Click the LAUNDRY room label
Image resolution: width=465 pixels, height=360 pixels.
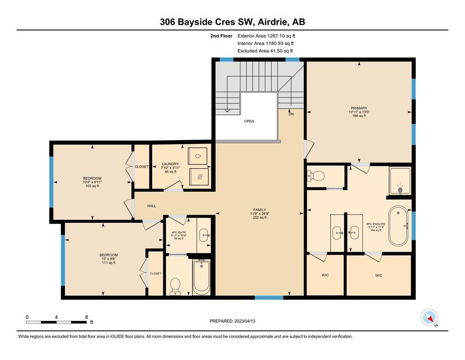(x=170, y=164)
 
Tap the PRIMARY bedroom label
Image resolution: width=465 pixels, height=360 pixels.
(x=359, y=108)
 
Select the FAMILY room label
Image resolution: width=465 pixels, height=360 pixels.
(x=259, y=210)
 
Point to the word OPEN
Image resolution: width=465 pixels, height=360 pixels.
(x=249, y=121)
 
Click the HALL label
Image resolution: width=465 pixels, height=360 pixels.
(x=152, y=206)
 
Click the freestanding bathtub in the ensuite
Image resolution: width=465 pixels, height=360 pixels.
(x=399, y=225)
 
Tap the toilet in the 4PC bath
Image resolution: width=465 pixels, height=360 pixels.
(x=175, y=286)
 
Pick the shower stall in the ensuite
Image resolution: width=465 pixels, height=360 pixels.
(x=400, y=181)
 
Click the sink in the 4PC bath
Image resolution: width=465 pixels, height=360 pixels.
(x=204, y=235)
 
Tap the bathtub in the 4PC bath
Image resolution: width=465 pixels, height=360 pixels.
(x=201, y=277)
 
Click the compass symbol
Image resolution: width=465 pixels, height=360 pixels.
(x=429, y=317)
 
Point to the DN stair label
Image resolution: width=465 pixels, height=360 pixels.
(x=291, y=114)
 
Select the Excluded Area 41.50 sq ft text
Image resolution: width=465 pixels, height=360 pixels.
(x=265, y=51)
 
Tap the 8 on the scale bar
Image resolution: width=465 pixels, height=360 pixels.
(x=87, y=317)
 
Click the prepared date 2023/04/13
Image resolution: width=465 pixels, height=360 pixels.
(x=244, y=321)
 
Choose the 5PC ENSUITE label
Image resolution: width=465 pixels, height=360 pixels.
(x=376, y=224)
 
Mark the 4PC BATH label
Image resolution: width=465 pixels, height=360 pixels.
(x=179, y=232)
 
